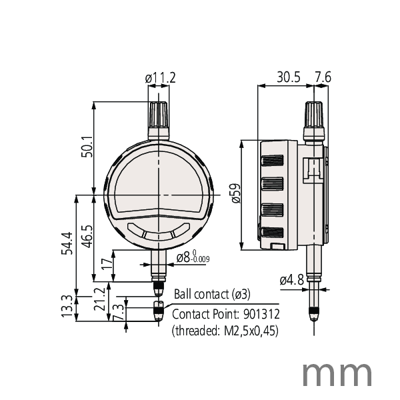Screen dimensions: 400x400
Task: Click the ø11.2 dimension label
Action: (x=160, y=79)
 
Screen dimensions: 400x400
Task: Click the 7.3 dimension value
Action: (x=118, y=311)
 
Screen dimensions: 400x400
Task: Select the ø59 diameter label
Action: (x=235, y=194)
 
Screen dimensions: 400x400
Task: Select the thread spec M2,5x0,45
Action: (x=249, y=330)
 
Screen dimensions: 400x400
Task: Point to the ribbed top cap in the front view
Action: (x=159, y=117)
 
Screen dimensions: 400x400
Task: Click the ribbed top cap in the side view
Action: (x=315, y=118)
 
